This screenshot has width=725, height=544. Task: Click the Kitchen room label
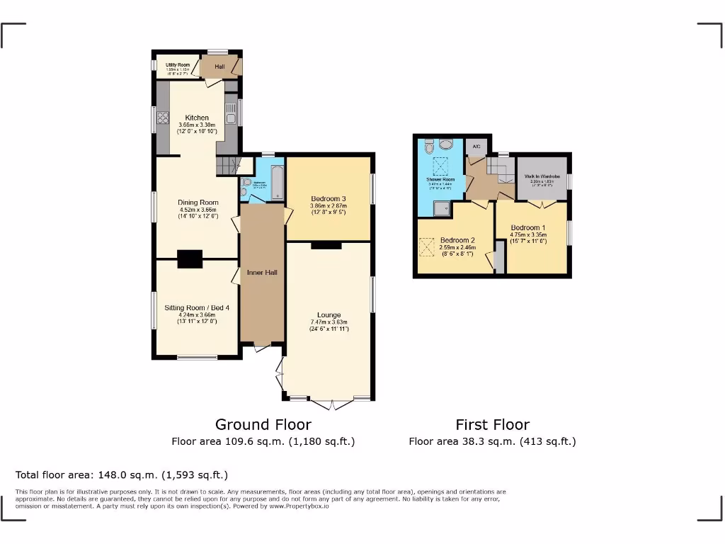pyautogui.click(x=197, y=118)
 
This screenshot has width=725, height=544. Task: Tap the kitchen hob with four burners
pyautogui.click(x=162, y=118)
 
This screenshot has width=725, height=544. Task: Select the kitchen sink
pyautogui.click(x=230, y=111)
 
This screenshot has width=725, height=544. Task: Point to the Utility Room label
pyautogui.click(x=178, y=64)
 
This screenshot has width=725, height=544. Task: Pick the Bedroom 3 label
pyautogui.click(x=329, y=198)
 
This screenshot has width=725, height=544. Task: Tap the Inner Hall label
pyautogui.click(x=262, y=272)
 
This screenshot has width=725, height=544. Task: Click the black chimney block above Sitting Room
pyautogui.click(x=190, y=259)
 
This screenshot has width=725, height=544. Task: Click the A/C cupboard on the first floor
pyautogui.click(x=476, y=147)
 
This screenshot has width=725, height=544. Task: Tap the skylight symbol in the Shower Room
pyautogui.click(x=440, y=167)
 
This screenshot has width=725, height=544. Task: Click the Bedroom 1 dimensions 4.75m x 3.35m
pyautogui.click(x=530, y=234)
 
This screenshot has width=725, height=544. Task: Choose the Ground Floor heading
pyautogui.click(x=263, y=424)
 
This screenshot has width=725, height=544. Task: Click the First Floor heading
pyautogui.click(x=492, y=424)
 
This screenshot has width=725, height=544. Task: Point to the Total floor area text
pyautogui.click(x=122, y=475)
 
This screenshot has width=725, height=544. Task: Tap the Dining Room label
pyautogui.click(x=198, y=203)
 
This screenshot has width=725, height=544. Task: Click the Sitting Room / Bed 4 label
pyautogui.click(x=197, y=307)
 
